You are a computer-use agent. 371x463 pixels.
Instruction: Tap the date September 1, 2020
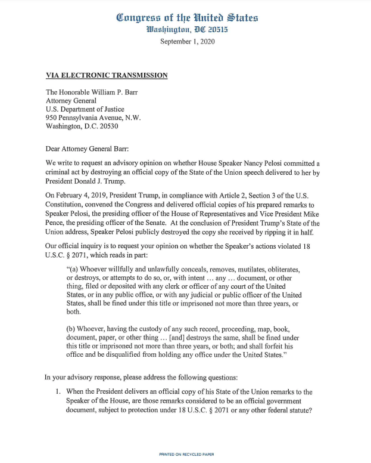tap(187, 41)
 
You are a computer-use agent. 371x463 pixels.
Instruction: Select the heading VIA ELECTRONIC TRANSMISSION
tap(107, 76)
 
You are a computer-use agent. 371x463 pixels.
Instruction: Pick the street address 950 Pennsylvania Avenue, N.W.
tap(93, 118)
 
